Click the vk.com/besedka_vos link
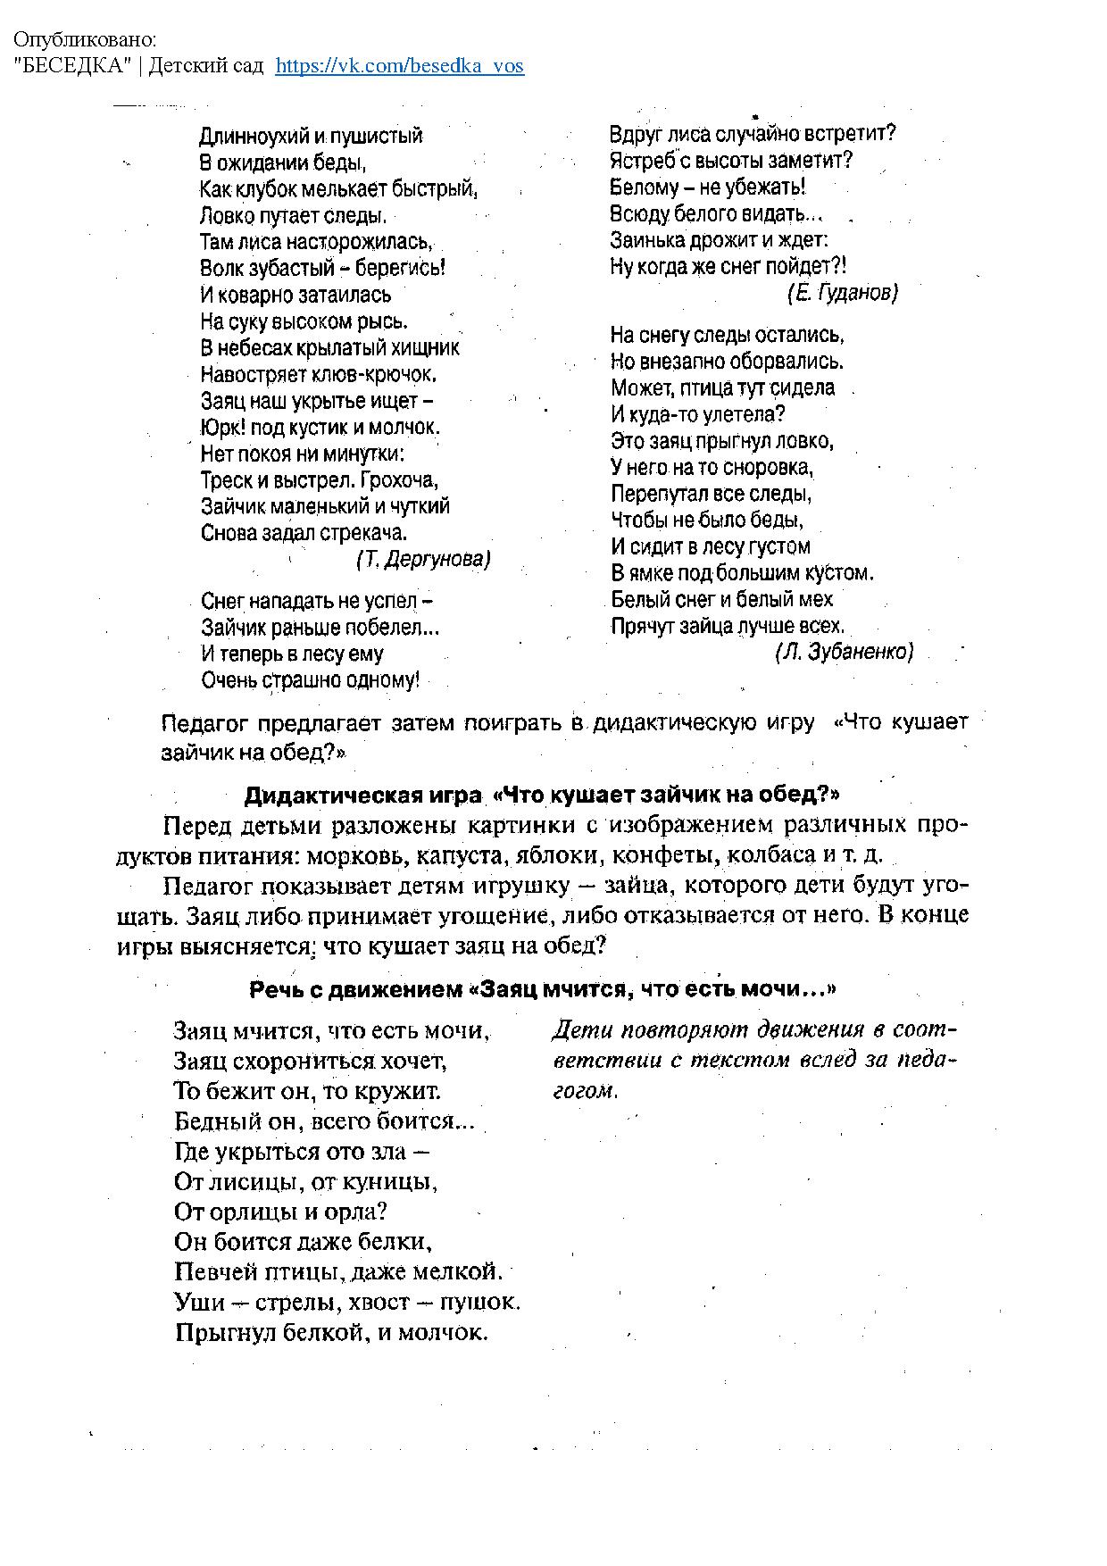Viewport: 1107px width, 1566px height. click(399, 66)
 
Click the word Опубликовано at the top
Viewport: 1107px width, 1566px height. click(84, 41)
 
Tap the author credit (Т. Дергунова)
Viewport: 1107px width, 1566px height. click(423, 560)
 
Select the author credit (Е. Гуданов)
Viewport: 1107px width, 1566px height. click(842, 292)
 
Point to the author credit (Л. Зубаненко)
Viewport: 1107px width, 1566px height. click(845, 653)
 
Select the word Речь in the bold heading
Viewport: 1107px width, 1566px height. click(274, 989)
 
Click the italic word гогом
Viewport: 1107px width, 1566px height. click(585, 1091)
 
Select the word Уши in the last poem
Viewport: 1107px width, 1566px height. click(199, 1302)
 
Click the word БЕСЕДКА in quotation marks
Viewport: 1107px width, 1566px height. click(72, 66)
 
